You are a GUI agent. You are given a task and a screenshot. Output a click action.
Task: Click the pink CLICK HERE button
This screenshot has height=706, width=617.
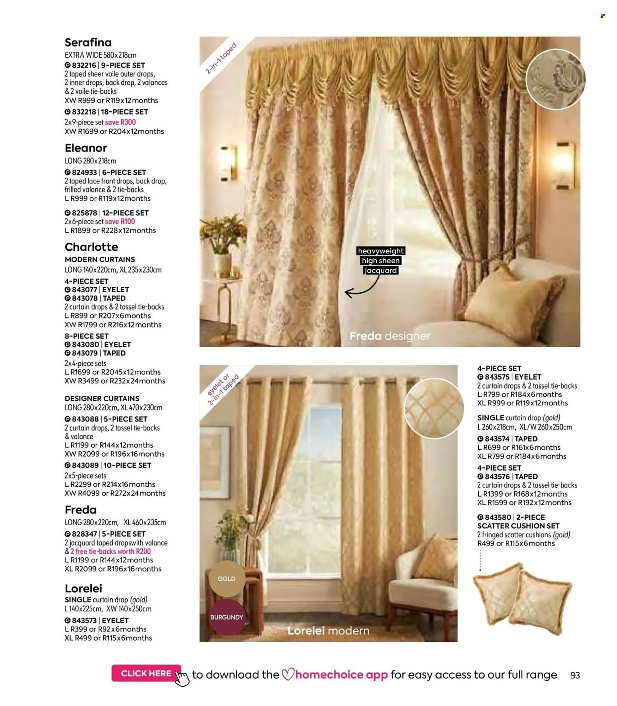[146, 673]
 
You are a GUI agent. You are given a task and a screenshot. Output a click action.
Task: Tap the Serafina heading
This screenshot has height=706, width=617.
[88, 42]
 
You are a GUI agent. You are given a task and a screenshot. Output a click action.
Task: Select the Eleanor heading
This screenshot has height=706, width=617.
[86, 148]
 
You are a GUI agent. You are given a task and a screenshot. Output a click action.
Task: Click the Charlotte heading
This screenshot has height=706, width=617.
[91, 246]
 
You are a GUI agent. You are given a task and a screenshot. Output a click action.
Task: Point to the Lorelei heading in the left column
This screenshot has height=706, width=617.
[83, 588]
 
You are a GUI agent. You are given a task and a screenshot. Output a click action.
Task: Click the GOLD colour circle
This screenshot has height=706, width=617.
[227, 579]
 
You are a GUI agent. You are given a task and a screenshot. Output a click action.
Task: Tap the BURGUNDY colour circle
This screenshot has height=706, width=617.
[227, 617]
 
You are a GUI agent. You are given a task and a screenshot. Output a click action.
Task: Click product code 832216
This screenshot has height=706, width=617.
[84, 65]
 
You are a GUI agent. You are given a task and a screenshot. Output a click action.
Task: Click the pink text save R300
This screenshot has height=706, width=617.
[120, 122]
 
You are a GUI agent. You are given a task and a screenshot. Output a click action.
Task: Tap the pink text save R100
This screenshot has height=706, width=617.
[120, 221]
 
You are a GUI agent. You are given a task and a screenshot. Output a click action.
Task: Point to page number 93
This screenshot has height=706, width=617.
[575, 675]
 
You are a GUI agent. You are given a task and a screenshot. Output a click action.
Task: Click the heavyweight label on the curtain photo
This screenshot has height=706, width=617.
[381, 251]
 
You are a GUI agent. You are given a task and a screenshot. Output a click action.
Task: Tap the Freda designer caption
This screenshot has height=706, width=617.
[390, 336]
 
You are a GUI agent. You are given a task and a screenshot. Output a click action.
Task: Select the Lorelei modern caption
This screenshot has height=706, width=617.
[328, 630]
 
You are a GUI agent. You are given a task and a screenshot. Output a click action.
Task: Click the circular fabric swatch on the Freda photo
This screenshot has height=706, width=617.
[555, 79]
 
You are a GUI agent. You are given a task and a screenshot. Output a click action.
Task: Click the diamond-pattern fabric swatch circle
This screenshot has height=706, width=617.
[434, 408]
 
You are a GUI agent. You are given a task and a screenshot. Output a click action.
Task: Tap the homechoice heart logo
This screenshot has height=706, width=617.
[288, 674]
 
